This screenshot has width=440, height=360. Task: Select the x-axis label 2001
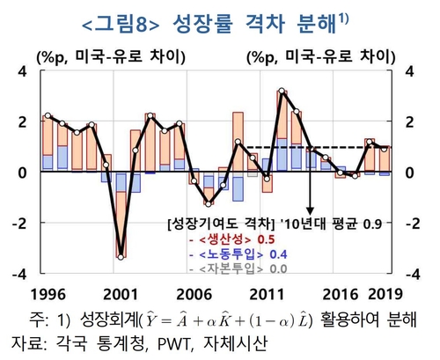tap(121, 292)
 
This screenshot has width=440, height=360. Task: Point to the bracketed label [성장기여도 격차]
tap(221, 222)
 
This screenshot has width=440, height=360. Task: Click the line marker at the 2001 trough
tap(121, 257)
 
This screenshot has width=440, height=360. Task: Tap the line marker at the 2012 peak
tap(281, 91)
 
